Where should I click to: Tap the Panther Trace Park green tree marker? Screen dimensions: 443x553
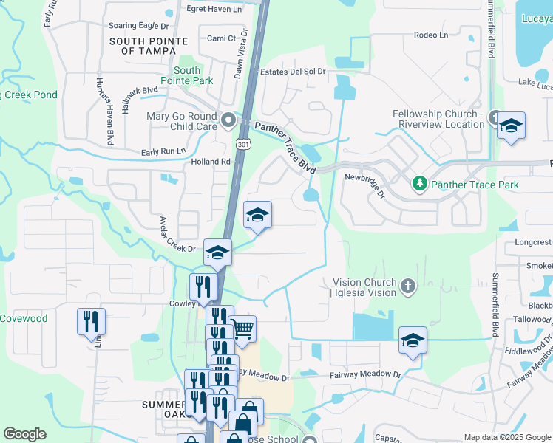point(419,183)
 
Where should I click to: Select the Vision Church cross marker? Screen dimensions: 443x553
point(407,286)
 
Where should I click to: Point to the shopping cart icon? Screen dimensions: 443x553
point(242,329)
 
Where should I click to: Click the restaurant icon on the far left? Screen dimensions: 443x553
point(91,321)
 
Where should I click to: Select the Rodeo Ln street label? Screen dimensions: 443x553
point(432,35)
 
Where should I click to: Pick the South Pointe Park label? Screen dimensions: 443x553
point(194,75)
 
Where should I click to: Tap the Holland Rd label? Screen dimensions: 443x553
point(211,162)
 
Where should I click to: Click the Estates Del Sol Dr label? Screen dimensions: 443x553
point(294,72)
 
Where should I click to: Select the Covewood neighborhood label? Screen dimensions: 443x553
point(24,319)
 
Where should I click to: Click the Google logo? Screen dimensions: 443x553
point(24,434)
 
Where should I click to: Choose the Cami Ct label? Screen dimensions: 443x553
point(221,38)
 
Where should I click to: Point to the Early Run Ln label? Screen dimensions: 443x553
point(163,151)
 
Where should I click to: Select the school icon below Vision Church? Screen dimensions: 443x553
point(413,340)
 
